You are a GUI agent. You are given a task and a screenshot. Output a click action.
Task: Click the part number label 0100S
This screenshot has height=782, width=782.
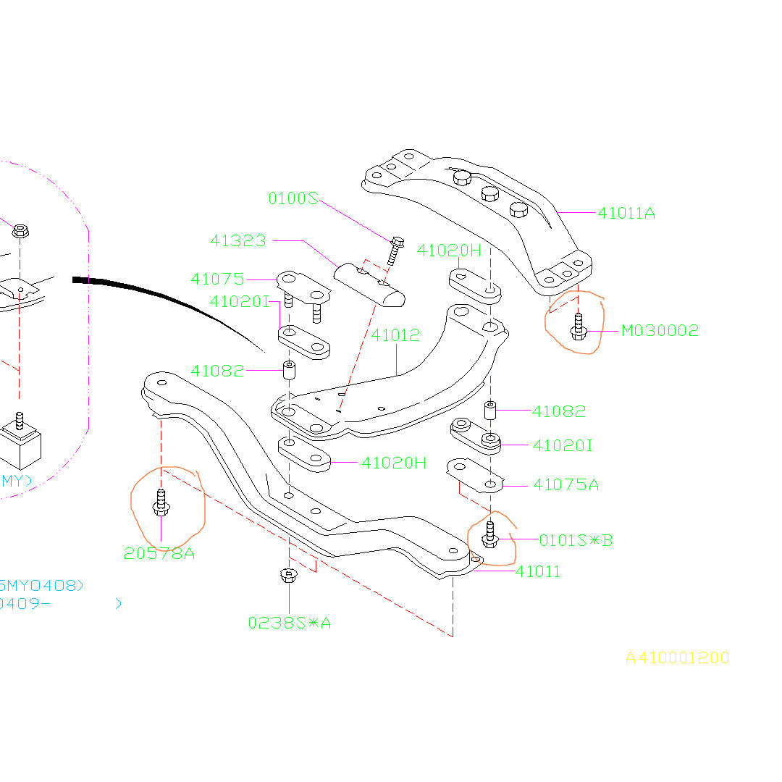(x=293, y=198)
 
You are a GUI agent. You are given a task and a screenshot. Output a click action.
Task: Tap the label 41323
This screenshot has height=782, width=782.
(x=238, y=240)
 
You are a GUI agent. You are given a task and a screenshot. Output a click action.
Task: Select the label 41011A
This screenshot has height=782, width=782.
(x=626, y=213)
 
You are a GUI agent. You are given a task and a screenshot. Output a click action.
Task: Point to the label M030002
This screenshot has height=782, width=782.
(x=660, y=331)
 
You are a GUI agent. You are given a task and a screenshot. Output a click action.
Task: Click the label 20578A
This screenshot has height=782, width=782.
(x=159, y=553)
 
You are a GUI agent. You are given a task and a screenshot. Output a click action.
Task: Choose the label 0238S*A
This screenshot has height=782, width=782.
(x=289, y=622)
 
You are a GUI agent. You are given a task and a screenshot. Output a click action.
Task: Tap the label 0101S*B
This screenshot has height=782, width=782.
(x=576, y=540)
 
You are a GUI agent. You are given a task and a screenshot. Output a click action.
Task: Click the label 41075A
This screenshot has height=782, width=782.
(x=566, y=484)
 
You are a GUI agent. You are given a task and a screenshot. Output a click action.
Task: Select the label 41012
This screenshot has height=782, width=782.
(x=395, y=336)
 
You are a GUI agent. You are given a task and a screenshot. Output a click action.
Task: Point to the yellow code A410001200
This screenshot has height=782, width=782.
(x=677, y=657)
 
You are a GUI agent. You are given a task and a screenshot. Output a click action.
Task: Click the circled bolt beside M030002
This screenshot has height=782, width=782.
(x=578, y=327)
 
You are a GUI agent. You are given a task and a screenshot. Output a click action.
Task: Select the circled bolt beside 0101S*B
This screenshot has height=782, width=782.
(x=490, y=534)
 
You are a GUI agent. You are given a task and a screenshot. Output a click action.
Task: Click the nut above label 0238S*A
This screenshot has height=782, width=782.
(x=289, y=576)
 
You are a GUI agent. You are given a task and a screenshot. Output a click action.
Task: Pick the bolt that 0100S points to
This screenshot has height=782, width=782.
(x=395, y=249)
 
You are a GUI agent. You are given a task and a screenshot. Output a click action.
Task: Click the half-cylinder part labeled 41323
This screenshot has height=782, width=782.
(x=369, y=285)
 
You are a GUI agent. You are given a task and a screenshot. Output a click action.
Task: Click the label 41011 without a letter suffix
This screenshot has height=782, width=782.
(x=538, y=572)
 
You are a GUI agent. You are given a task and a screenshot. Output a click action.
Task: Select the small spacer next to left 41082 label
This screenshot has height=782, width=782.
(x=288, y=371)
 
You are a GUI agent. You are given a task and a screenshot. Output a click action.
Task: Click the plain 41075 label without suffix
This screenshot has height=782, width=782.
(x=218, y=279)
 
